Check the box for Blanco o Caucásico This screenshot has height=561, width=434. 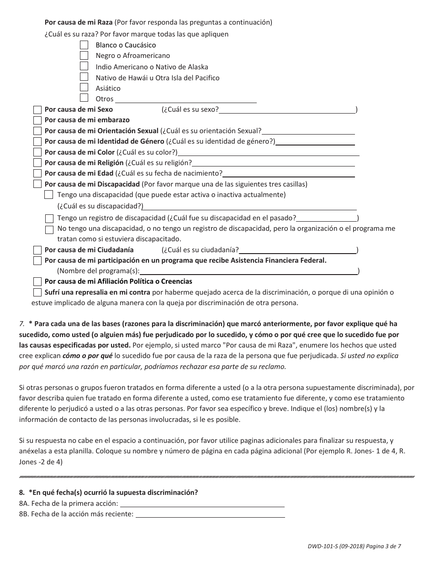point(84,45)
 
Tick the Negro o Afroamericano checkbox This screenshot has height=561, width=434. point(84,55)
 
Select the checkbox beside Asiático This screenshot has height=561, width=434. point(84,88)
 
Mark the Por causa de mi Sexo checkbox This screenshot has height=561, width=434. point(37,109)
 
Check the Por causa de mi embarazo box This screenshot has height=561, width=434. point(37,120)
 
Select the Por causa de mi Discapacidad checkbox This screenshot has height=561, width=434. point(37,184)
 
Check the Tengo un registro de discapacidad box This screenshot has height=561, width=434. point(49,218)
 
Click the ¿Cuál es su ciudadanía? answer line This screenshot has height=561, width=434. point(297,250)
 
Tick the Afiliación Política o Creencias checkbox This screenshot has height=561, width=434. point(37,281)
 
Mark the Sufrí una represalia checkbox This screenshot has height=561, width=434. point(37,292)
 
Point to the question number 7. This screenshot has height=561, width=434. point(21,324)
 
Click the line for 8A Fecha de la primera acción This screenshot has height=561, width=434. point(201,504)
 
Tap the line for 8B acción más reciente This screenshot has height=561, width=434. point(210,514)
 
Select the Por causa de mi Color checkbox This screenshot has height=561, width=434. point(37,152)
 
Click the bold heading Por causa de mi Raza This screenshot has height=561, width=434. point(78,22)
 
